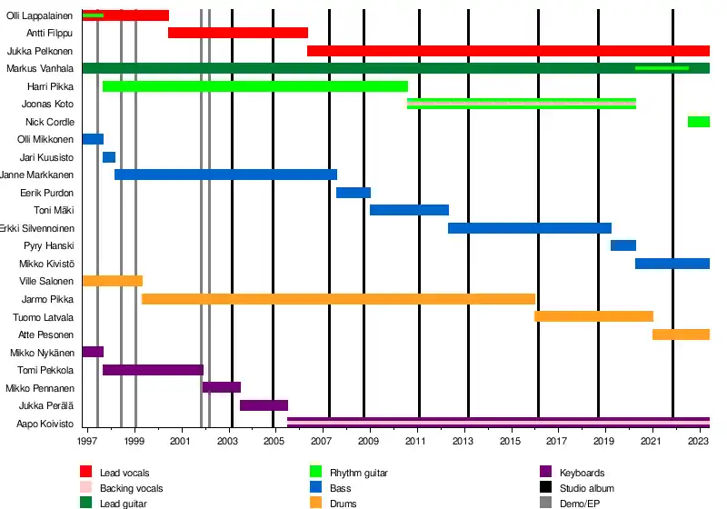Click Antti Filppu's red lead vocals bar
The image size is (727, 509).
238,34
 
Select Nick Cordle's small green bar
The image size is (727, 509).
698,122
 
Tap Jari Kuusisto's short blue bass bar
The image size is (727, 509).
109,157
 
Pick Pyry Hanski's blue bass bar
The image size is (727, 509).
622,245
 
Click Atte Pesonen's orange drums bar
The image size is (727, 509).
681,334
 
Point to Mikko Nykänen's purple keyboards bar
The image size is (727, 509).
93,352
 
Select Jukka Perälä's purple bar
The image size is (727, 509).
264,405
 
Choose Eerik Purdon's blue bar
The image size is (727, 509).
354,193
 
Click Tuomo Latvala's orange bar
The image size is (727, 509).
593,316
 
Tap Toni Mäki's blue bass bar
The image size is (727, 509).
409,210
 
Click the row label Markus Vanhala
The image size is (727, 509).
40,69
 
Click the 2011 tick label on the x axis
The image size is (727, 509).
418,442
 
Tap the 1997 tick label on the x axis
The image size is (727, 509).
88,442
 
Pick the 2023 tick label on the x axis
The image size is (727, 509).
698,442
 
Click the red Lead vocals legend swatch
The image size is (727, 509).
86,472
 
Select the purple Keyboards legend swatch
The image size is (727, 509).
546,472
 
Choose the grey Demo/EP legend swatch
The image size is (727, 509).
546,503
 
